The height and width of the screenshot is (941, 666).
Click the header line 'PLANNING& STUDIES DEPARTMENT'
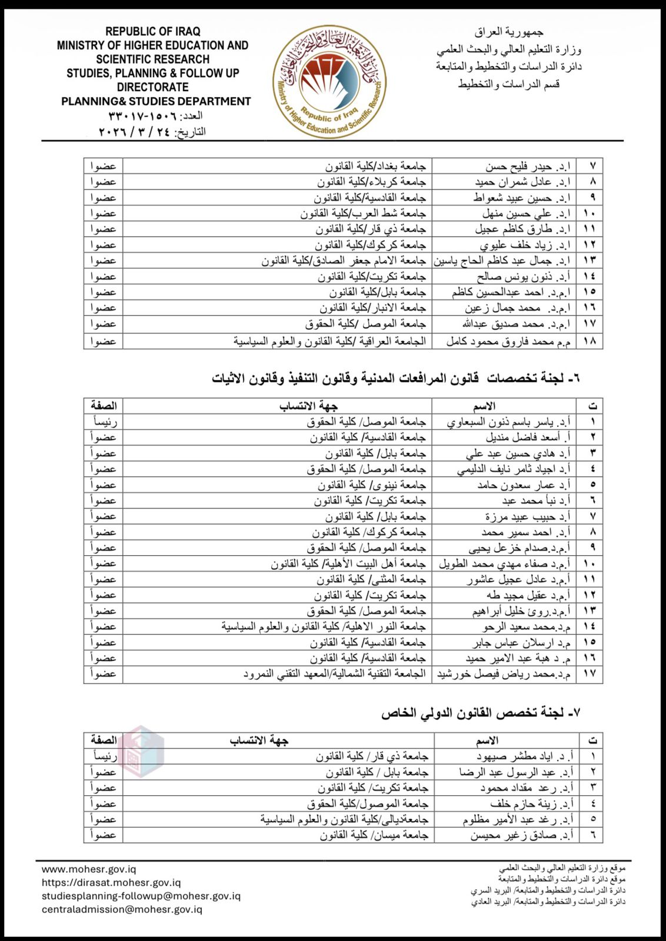point(156,101)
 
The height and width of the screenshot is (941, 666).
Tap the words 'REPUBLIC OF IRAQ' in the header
point(153,31)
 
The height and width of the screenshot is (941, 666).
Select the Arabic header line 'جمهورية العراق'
point(509,32)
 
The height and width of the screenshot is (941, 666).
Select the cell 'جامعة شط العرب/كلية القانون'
point(362,213)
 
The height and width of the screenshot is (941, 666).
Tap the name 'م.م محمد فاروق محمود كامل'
point(508,341)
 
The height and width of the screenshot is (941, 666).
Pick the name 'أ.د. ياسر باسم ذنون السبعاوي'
point(508,422)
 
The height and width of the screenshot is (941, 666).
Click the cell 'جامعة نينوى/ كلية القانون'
point(371,485)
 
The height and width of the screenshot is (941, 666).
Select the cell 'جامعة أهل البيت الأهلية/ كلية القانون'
point(348,563)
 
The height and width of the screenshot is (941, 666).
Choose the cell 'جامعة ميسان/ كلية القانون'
point(374,835)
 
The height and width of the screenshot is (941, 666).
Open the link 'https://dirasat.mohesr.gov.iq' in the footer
point(111,882)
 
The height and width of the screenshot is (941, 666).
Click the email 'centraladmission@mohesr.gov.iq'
point(122,909)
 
